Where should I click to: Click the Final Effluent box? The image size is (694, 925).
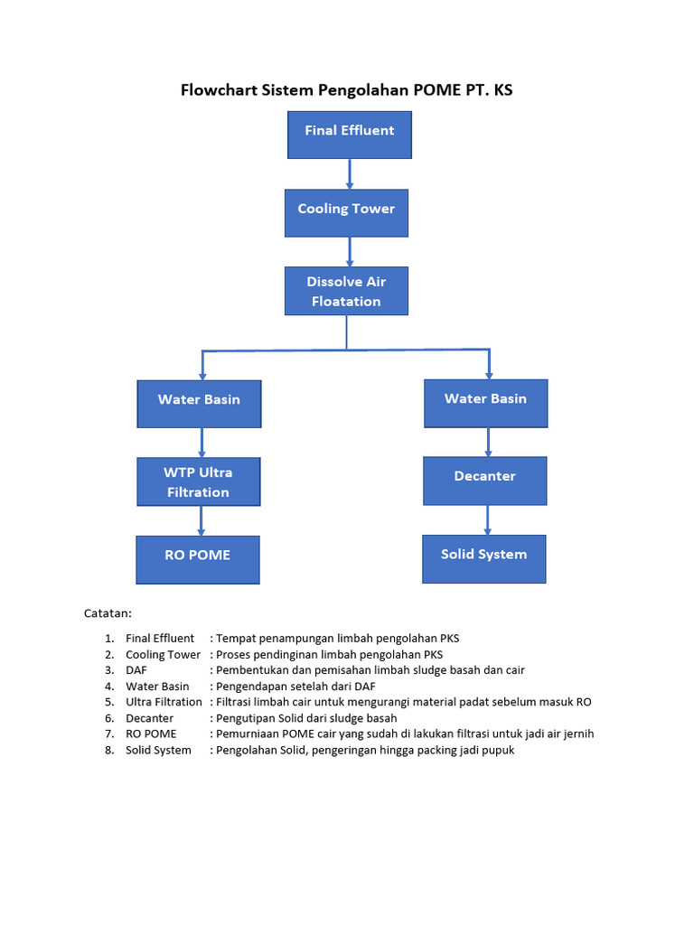[349, 135]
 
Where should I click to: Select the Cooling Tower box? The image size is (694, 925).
[346, 212]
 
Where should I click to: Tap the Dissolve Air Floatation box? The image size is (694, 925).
[346, 291]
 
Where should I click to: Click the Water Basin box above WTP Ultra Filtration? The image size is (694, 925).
[199, 403]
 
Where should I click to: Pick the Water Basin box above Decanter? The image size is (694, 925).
[485, 403]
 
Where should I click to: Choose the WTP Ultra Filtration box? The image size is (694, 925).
[198, 481]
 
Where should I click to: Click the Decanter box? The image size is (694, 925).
[485, 481]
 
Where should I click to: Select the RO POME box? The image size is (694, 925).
[197, 559]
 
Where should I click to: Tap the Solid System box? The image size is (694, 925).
[483, 558]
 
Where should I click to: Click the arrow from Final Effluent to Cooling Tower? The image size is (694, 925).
[350, 173]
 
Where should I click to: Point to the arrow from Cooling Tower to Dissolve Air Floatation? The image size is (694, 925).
[348, 251]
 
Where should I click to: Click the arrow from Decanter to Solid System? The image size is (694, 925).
[488, 519]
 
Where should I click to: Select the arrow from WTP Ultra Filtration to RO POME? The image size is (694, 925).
[201, 520]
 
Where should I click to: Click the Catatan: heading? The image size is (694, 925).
[108, 614]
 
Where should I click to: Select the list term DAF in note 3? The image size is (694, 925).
[136, 670]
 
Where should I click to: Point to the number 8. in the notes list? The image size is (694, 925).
[108, 750]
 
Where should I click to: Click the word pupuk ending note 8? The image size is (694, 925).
[496, 750]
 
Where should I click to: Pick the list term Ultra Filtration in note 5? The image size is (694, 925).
[164, 702]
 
